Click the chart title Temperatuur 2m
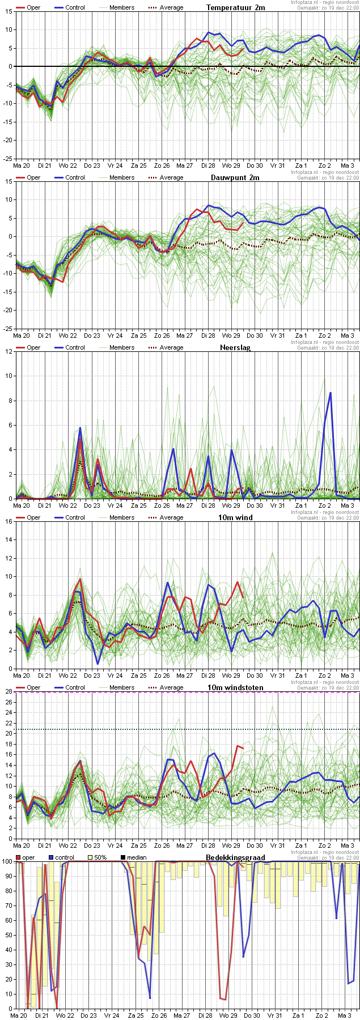(235, 7)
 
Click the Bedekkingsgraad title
(235, 857)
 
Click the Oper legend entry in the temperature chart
(33, 7)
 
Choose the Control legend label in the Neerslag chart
(75, 347)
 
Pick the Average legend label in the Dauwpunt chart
(171, 177)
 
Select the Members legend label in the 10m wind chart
(122, 517)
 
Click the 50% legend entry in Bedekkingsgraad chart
(100, 857)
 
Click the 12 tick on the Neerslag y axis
(9, 351)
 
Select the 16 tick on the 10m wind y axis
(9, 521)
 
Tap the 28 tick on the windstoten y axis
(9, 691)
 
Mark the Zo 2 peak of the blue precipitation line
(330, 393)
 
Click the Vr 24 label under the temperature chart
(115, 165)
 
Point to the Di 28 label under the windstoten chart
(207, 845)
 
